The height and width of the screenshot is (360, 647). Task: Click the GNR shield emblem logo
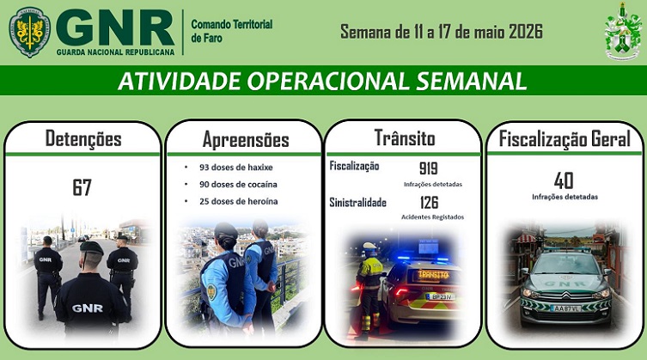[30, 32]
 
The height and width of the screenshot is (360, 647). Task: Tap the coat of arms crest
[623, 32]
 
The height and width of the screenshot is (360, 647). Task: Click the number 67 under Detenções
[82, 187]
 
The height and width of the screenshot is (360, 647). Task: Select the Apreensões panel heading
[246, 139]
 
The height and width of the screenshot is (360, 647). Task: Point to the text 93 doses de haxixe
[236, 168]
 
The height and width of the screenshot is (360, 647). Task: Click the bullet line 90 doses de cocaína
[238, 184]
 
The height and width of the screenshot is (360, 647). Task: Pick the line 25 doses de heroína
[239, 201]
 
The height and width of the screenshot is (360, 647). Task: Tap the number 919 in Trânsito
[428, 168]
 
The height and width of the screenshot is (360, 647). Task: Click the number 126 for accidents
[429, 203]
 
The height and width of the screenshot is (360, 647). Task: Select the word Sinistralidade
[357, 203]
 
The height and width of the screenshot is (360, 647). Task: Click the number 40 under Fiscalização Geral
[564, 180]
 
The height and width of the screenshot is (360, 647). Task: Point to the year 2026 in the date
[526, 32]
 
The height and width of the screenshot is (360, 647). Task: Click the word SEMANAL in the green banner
[471, 81]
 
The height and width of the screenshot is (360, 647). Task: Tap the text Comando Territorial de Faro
[231, 31]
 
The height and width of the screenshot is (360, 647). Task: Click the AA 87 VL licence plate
[565, 308]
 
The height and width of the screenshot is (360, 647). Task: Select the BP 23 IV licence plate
[440, 296]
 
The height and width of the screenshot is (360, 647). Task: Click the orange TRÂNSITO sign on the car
[433, 275]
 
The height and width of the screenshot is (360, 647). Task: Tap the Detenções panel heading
[83, 138]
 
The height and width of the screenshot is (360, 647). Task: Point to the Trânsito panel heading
[405, 137]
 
